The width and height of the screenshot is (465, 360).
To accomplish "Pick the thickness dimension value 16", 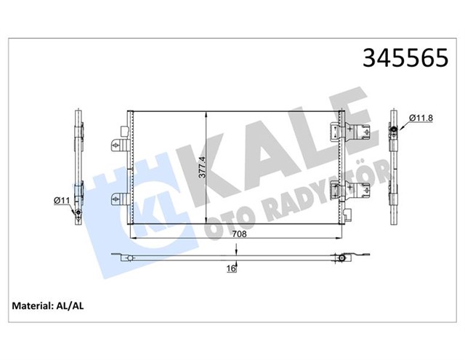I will [x=232, y=268].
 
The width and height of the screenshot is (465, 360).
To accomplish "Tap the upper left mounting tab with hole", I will [x=117, y=145].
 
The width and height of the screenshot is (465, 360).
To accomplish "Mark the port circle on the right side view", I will [x=393, y=131].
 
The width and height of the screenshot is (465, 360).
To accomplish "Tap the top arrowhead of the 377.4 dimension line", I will [x=208, y=115].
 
